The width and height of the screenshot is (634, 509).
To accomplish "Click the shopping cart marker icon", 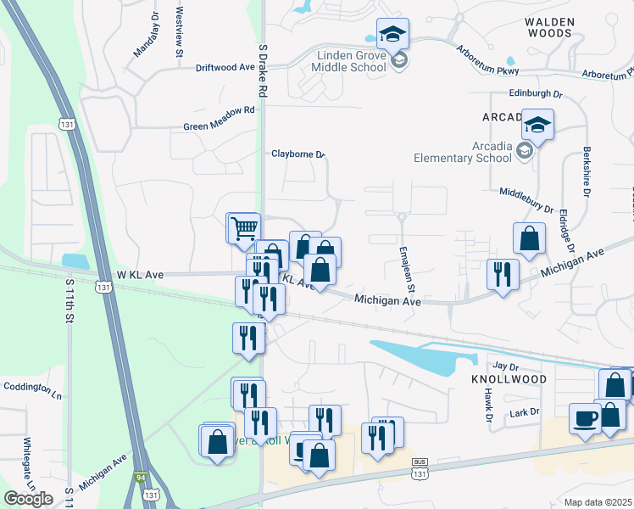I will coord(243,227).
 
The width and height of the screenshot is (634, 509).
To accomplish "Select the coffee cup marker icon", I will coord(585,418).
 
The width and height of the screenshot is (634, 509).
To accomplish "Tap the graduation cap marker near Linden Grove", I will coord(392,34).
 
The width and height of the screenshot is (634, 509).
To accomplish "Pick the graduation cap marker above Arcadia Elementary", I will coord(537,126).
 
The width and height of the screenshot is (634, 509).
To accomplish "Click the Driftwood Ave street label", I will coord(225,66).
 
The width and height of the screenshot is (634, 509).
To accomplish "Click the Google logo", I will coord(28,498).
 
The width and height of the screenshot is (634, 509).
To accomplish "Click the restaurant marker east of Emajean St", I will coord(503,274).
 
